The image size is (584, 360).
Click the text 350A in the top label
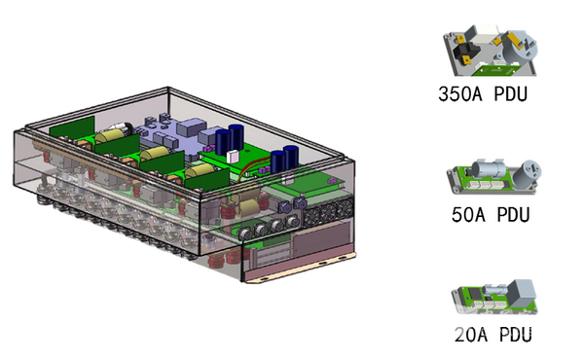[x=460, y=93]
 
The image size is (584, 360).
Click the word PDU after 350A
[x=511, y=93]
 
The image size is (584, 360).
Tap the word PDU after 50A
[x=513, y=215]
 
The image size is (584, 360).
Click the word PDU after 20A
[x=516, y=335]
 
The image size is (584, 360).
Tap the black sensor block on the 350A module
[x=462, y=53]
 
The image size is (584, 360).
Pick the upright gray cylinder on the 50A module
[x=527, y=174]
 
